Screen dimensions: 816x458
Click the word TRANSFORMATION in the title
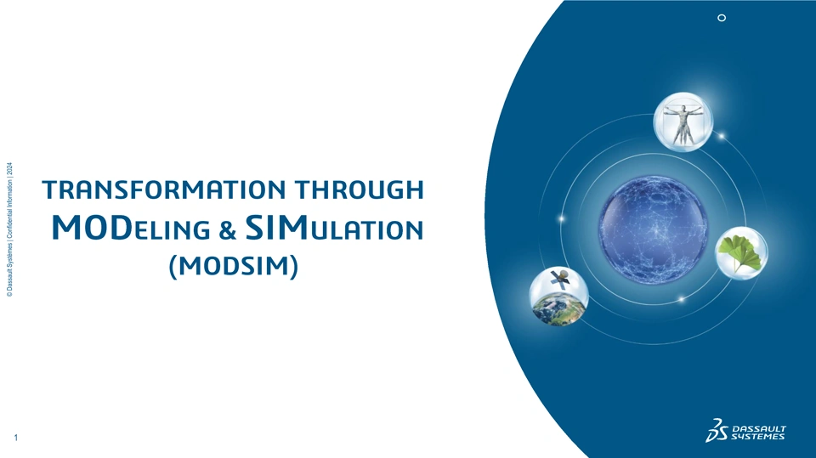pos(164,189)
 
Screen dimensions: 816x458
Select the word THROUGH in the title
pos(359,189)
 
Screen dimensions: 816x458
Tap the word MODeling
pos(131,228)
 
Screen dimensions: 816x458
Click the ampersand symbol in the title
pos(227,230)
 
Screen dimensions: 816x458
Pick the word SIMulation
pos(334,228)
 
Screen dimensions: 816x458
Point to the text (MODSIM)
pos(234,265)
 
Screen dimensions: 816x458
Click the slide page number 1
pos(15,438)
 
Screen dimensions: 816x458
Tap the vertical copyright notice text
pos(10,229)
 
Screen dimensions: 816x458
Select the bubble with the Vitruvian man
pos(683,122)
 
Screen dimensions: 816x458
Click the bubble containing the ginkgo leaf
pos(741,253)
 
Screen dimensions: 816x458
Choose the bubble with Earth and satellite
pos(559,297)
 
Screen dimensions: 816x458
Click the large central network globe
pos(653,230)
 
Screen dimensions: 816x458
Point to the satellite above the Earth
pos(559,279)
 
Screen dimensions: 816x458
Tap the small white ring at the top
pos(722,18)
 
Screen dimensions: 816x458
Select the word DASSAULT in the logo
pos(759,429)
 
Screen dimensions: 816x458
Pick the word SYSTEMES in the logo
pos(757,437)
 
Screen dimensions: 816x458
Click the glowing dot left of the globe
pos(562,219)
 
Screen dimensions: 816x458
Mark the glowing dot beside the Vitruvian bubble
pos(722,136)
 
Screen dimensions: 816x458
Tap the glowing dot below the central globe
pos(681,299)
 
